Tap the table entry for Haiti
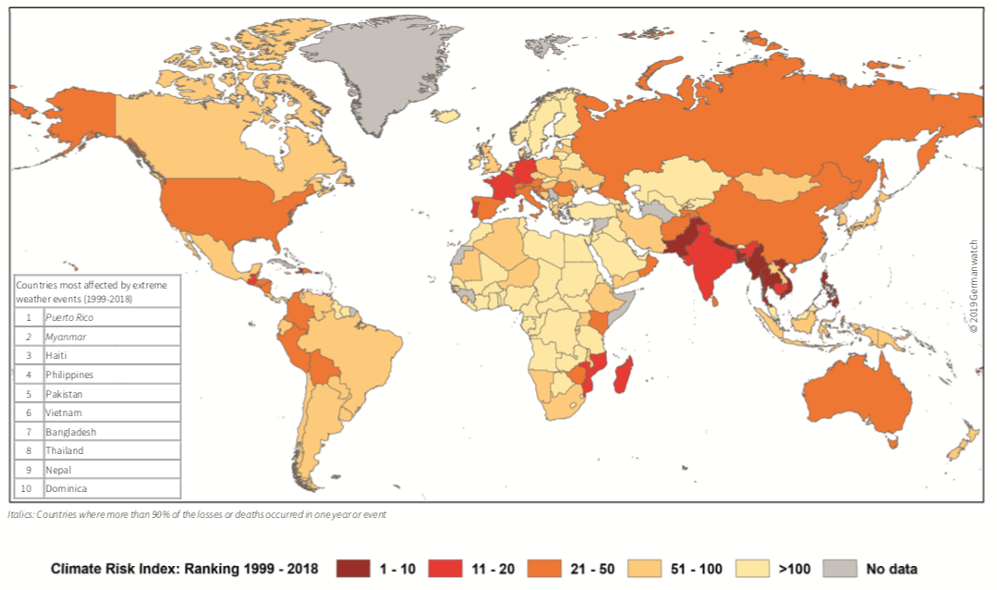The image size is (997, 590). coord(55,356)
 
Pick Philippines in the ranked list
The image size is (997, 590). coord(69,375)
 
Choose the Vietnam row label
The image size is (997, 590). coord(63,412)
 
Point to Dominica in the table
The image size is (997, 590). coord(67,488)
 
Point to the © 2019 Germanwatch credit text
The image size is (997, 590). coord(973,287)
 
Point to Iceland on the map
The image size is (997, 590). coord(445,117)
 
